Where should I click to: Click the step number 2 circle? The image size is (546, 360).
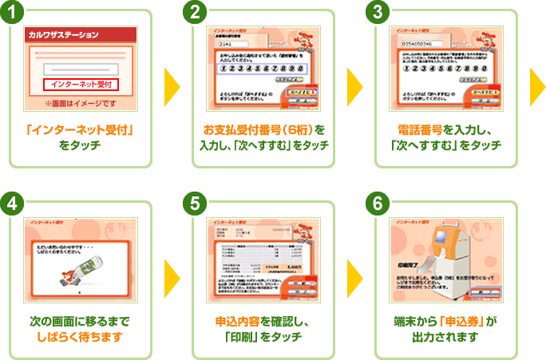[x=196, y=13]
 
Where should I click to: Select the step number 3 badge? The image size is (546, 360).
[x=379, y=13]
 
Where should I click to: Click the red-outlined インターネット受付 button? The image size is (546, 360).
[x=81, y=84]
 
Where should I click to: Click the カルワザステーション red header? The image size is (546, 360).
[x=81, y=35]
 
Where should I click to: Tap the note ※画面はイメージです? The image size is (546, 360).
[x=81, y=103]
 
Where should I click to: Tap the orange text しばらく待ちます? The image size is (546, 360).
[x=80, y=336]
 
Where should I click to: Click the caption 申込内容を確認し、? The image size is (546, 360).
[x=263, y=321]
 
